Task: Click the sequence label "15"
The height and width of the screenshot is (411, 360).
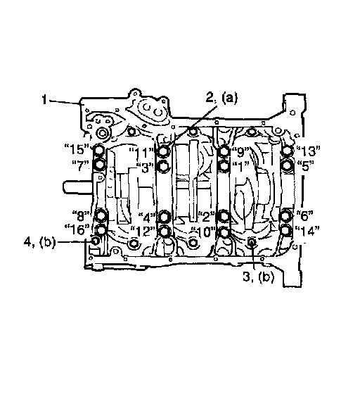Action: pos(77,149)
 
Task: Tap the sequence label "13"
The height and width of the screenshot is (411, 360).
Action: pos(308,151)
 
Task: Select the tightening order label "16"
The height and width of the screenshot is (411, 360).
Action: pos(77,229)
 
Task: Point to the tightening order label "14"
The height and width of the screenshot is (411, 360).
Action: pos(307,231)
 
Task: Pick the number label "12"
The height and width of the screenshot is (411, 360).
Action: pos(143,231)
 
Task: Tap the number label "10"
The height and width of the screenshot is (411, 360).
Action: pos(203,232)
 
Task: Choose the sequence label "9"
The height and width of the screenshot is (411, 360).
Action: pos(240,151)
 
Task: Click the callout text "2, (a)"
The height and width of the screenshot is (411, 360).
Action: pos(221,98)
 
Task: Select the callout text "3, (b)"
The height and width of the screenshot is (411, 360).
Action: pos(259,277)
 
